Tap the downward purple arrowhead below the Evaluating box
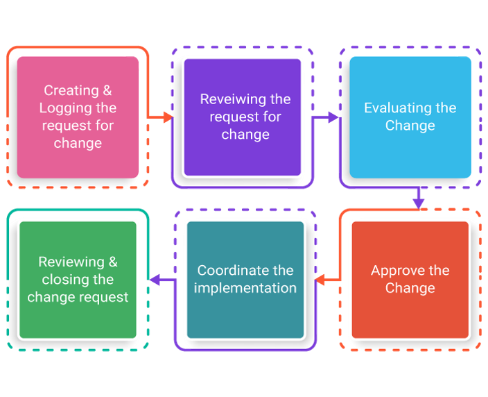point(418,203)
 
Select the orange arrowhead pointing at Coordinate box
point(320,280)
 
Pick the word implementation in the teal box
point(245,288)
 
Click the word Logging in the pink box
point(67,108)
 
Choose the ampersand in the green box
point(112,262)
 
